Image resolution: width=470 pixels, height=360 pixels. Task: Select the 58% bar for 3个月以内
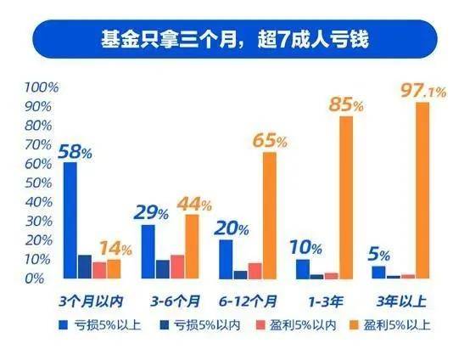tap(70, 220)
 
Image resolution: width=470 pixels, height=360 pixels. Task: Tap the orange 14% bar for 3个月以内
tap(114, 268)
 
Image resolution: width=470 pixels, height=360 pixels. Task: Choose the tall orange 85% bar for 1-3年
tap(346, 197)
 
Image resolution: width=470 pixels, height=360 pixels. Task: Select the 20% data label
tap(231, 228)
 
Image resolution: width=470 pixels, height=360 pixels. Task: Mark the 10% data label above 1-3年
tap(308, 248)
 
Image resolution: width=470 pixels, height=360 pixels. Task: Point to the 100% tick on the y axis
tap(41, 88)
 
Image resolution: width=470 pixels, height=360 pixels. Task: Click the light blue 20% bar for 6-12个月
tap(226, 259)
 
